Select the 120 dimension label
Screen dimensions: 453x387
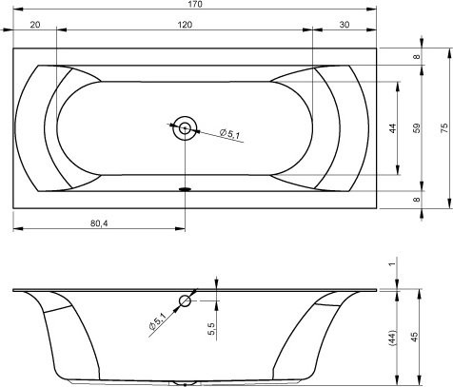click(185, 25)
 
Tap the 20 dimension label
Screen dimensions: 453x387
click(35, 25)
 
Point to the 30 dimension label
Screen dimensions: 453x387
click(345, 25)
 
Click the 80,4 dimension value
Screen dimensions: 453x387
click(99, 223)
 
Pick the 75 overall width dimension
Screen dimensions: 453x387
click(444, 127)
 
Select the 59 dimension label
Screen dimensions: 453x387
click(417, 128)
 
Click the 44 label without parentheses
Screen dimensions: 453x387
click(393, 128)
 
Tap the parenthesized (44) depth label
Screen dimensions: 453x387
click(393, 339)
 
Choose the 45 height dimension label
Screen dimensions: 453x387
click(415, 337)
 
